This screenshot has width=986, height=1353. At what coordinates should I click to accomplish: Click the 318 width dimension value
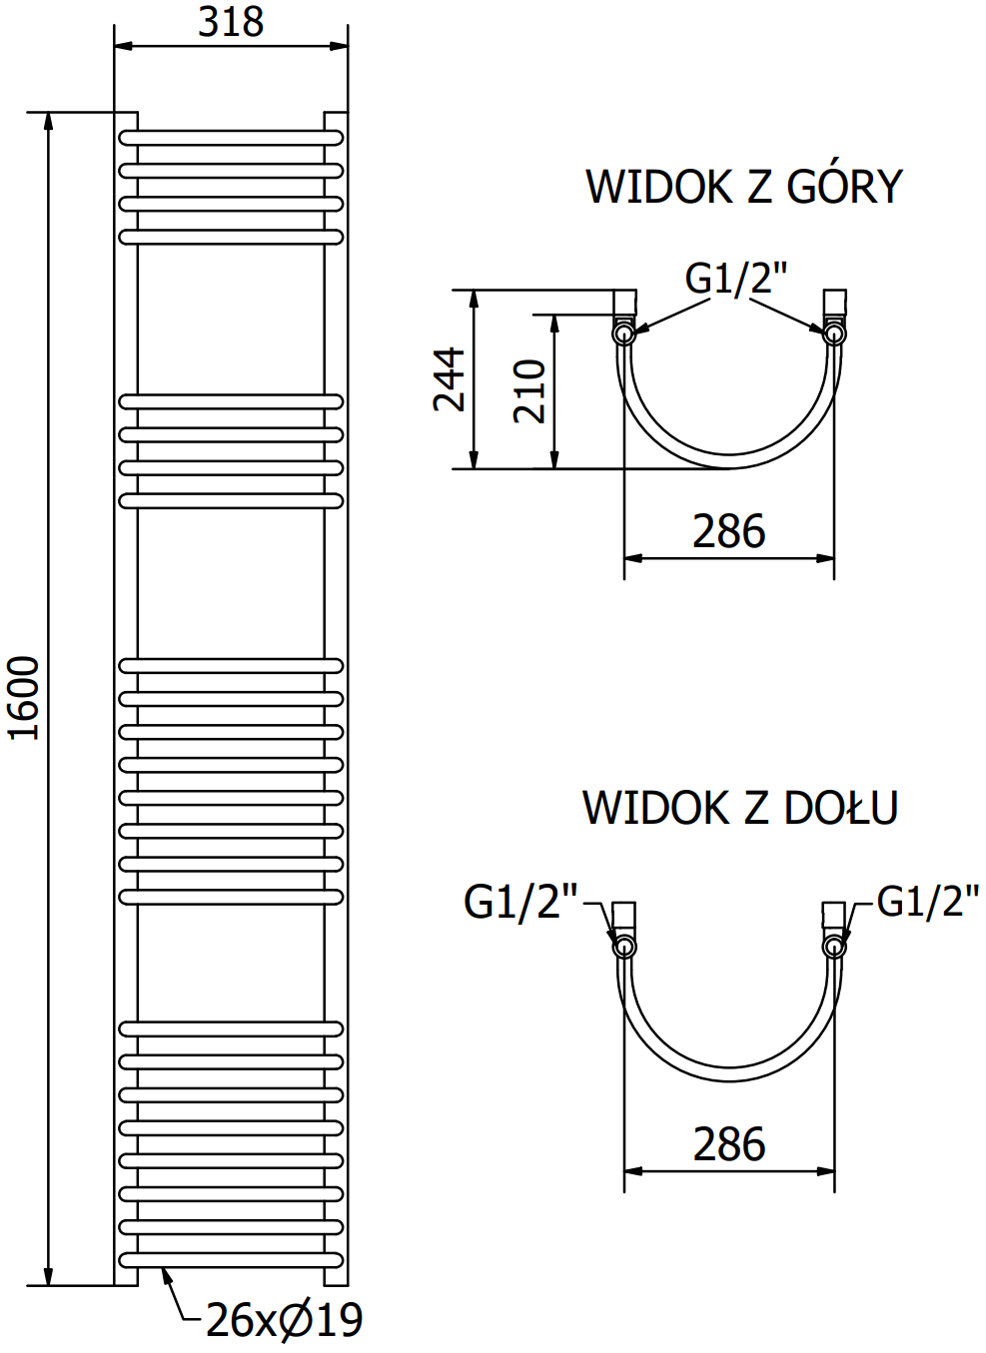pos(231,22)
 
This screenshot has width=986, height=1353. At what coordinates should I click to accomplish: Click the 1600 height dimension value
pos(23,698)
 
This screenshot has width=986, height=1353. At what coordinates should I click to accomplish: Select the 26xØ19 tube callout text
pos(285,1320)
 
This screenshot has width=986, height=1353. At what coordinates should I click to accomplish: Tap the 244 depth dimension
pos(450,379)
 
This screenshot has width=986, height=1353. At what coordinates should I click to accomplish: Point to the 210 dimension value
pos(529,391)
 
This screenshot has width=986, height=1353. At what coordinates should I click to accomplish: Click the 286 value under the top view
pos(729,531)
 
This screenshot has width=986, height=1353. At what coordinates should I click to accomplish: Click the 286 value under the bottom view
pos(729,1144)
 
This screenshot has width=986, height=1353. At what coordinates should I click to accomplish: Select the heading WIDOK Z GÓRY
pos(743,187)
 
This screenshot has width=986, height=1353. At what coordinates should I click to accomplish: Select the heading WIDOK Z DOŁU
pos(740,808)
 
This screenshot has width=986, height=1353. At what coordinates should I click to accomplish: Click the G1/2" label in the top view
pos(736,278)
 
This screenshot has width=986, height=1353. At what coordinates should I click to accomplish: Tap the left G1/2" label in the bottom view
pos(520,902)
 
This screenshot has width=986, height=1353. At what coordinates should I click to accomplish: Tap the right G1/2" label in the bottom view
pos(927,901)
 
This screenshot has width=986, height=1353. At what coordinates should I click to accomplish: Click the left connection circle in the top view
pos(623,334)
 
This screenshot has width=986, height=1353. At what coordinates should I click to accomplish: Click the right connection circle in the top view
pos(834,334)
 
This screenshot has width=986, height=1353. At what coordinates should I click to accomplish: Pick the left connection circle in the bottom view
pos(623,946)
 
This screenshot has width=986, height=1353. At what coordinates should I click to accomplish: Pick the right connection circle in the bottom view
pos(834,946)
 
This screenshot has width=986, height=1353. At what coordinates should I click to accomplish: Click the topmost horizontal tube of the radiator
pos(231,138)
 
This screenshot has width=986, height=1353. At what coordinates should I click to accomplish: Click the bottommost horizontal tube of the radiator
pos(231,1259)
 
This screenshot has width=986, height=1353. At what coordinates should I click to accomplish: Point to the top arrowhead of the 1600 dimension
pos(47,120)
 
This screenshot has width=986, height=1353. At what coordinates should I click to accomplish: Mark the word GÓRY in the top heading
pos(844,187)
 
